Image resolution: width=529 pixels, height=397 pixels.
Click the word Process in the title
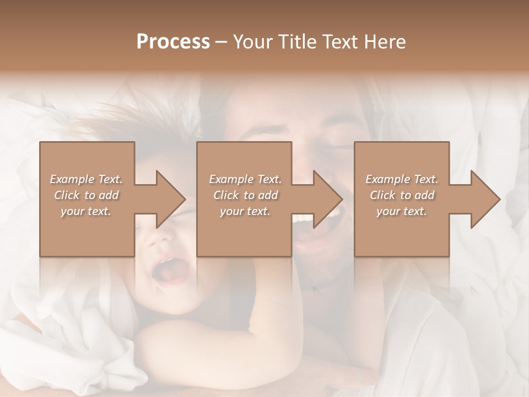pyautogui.click(x=173, y=42)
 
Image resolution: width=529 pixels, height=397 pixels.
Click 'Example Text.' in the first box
pyautogui.click(x=86, y=179)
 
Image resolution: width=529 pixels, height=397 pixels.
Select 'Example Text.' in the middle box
pyautogui.click(x=245, y=179)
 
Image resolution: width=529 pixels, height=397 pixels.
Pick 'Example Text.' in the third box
pyautogui.click(x=402, y=179)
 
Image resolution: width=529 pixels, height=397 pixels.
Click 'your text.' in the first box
pyautogui.click(x=86, y=211)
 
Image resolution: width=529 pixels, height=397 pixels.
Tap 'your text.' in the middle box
pyautogui.click(x=245, y=211)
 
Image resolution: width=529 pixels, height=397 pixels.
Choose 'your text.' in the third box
pyautogui.click(x=402, y=211)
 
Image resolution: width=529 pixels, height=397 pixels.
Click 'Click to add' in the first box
pyautogui.click(x=86, y=195)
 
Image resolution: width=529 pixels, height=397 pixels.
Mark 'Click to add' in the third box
pyautogui.click(x=402, y=195)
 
